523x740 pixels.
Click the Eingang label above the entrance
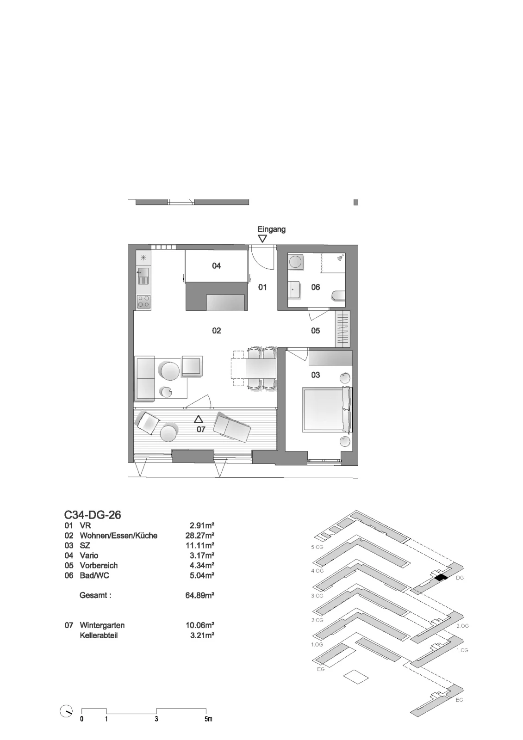click(x=271, y=229)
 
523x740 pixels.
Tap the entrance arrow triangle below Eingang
click(x=262, y=239)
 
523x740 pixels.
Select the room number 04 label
click(x=216, y=265)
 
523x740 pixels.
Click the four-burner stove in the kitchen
click(x=144, y=302)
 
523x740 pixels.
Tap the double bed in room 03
click(x=327, y=410)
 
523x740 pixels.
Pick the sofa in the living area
click(x=145, y=379)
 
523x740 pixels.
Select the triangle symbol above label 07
click(x=198, y=419)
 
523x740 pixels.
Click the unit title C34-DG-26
click(x=93, y=515)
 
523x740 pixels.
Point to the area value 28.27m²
click(x=199, y=536)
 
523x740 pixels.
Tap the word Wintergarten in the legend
click(x=102, y=625)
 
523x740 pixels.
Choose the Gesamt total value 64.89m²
click(x=199, y=595)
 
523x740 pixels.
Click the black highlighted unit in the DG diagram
click(x=441, y=578)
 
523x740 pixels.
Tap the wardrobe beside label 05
click(x=342, y=329)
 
